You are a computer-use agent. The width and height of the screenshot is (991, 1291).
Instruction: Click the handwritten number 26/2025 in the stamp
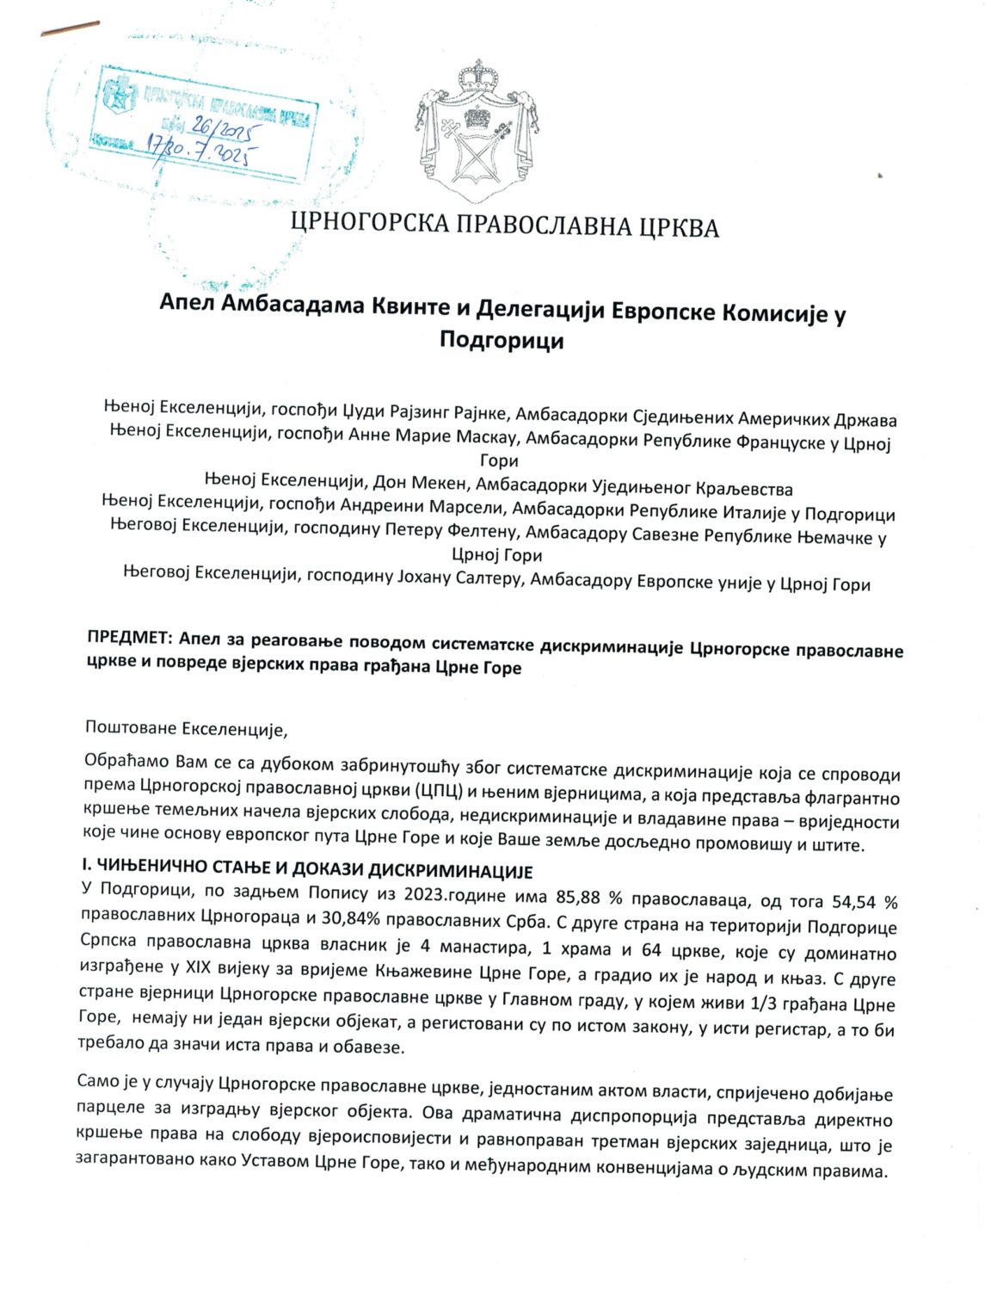(222, 131)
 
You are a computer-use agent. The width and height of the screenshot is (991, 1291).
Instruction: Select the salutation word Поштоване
(131, 727)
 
